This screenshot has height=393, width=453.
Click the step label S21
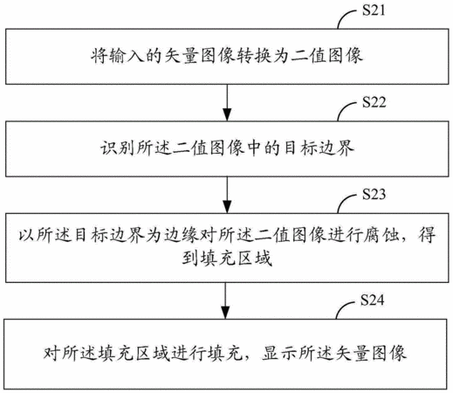click(x=374, y=10)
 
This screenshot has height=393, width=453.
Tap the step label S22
click(x=374, y=102)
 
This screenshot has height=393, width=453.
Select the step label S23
click(x=374, y=194)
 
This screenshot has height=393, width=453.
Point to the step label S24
click(x=372, y=300)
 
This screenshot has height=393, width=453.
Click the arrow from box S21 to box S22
click(x=227, y=102)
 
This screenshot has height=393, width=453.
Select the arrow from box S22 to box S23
click(x=227, y=195)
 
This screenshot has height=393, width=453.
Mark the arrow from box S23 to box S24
click(x=225, y=300)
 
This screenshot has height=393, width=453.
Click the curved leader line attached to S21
click(x=345, y=17)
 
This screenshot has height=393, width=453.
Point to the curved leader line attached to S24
click(x=343, y=307)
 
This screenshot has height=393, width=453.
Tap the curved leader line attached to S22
click(x=345, y=109)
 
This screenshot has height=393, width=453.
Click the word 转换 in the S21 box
click(x=254, y=56)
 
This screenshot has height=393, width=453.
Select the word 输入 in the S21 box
click(x=126, y=56)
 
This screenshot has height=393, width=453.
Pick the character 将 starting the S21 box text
click(x=100, y=56)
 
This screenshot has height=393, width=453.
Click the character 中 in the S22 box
click(x=254, y=148)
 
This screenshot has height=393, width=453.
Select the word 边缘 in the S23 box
click(x=182, y=235)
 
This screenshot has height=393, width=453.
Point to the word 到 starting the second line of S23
click(x=190, y=258)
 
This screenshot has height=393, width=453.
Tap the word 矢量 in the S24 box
click(x=352, y=353)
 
